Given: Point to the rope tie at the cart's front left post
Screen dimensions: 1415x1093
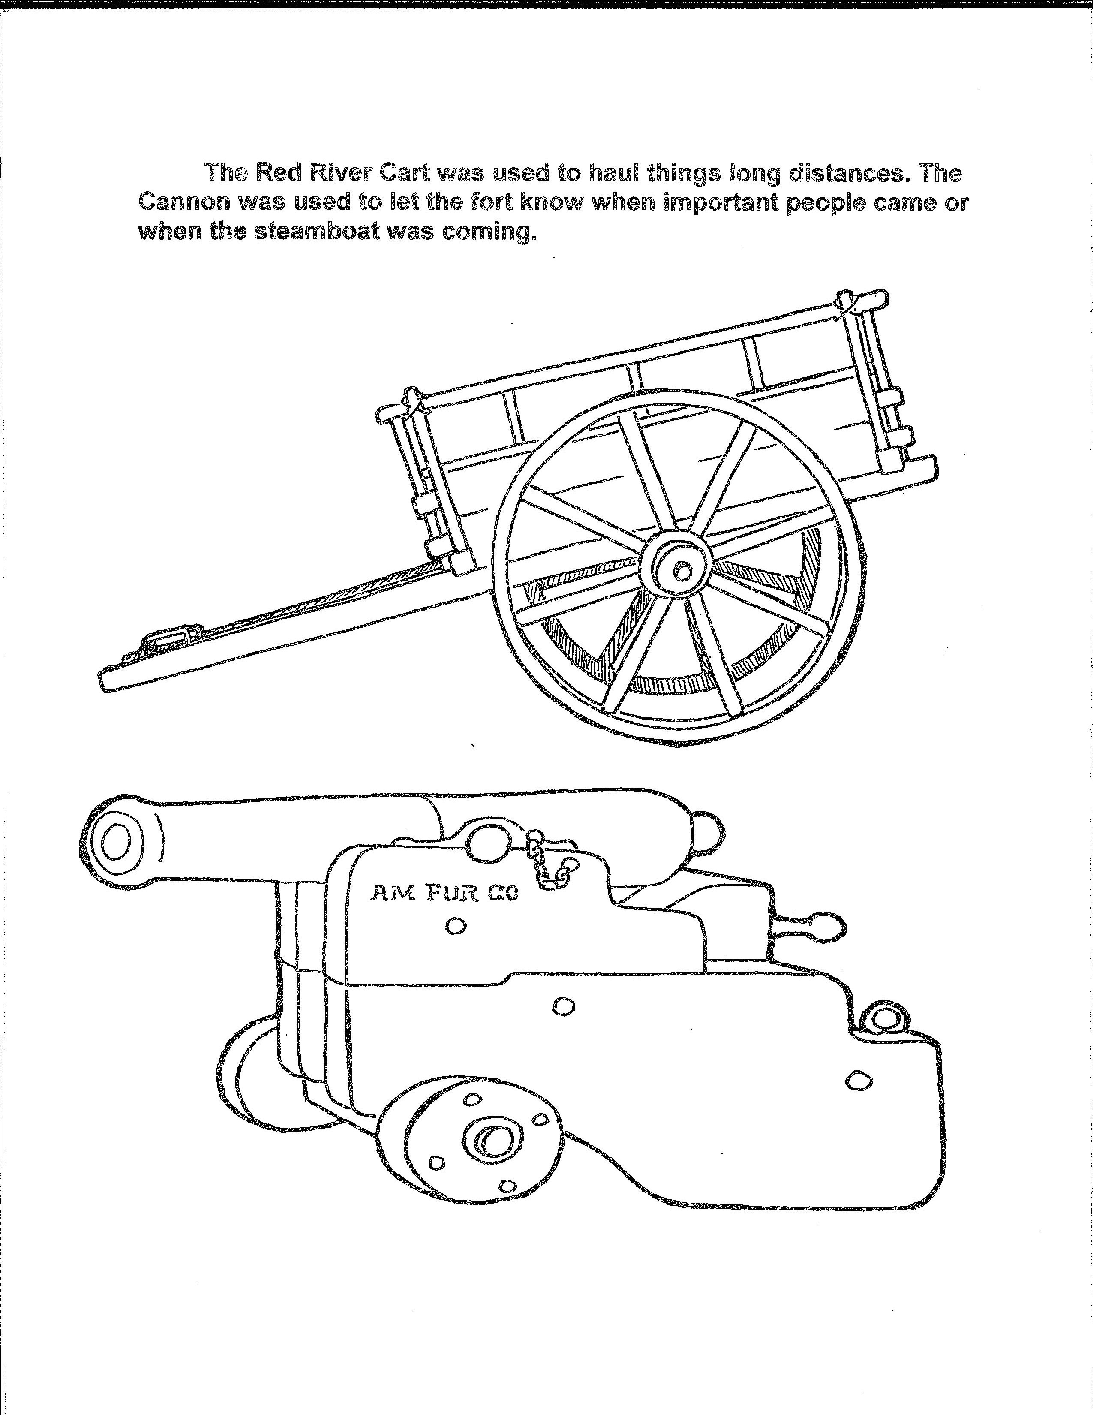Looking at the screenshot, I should coord(412,402).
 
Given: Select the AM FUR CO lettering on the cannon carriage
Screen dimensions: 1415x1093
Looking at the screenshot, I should coord(444,895).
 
